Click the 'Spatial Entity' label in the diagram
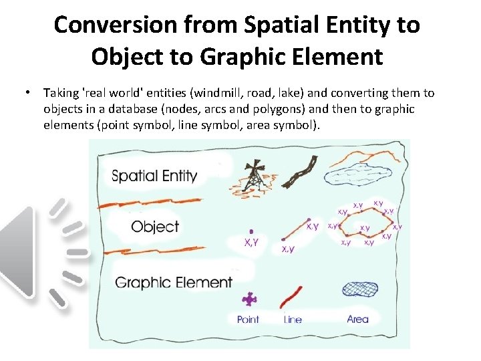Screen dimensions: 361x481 click(x=154, y=176)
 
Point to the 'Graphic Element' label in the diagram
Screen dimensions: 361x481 click(x=174, y=282)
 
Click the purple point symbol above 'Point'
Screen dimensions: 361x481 click(x=250, y=299)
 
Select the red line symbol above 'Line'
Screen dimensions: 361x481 click(x=292, y=297)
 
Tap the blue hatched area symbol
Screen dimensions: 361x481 click(x=361, y=288)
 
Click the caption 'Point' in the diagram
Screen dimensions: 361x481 click(x=248, y=320)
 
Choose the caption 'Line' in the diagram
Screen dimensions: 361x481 click(x=293, y=320)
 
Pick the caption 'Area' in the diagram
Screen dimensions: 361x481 click(x=357, y=319)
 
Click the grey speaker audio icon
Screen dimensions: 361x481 click(x=40, y=251)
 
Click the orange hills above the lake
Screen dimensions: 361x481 click(x=365, y=156)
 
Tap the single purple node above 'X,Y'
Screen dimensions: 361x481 click(x=251, y=231)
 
